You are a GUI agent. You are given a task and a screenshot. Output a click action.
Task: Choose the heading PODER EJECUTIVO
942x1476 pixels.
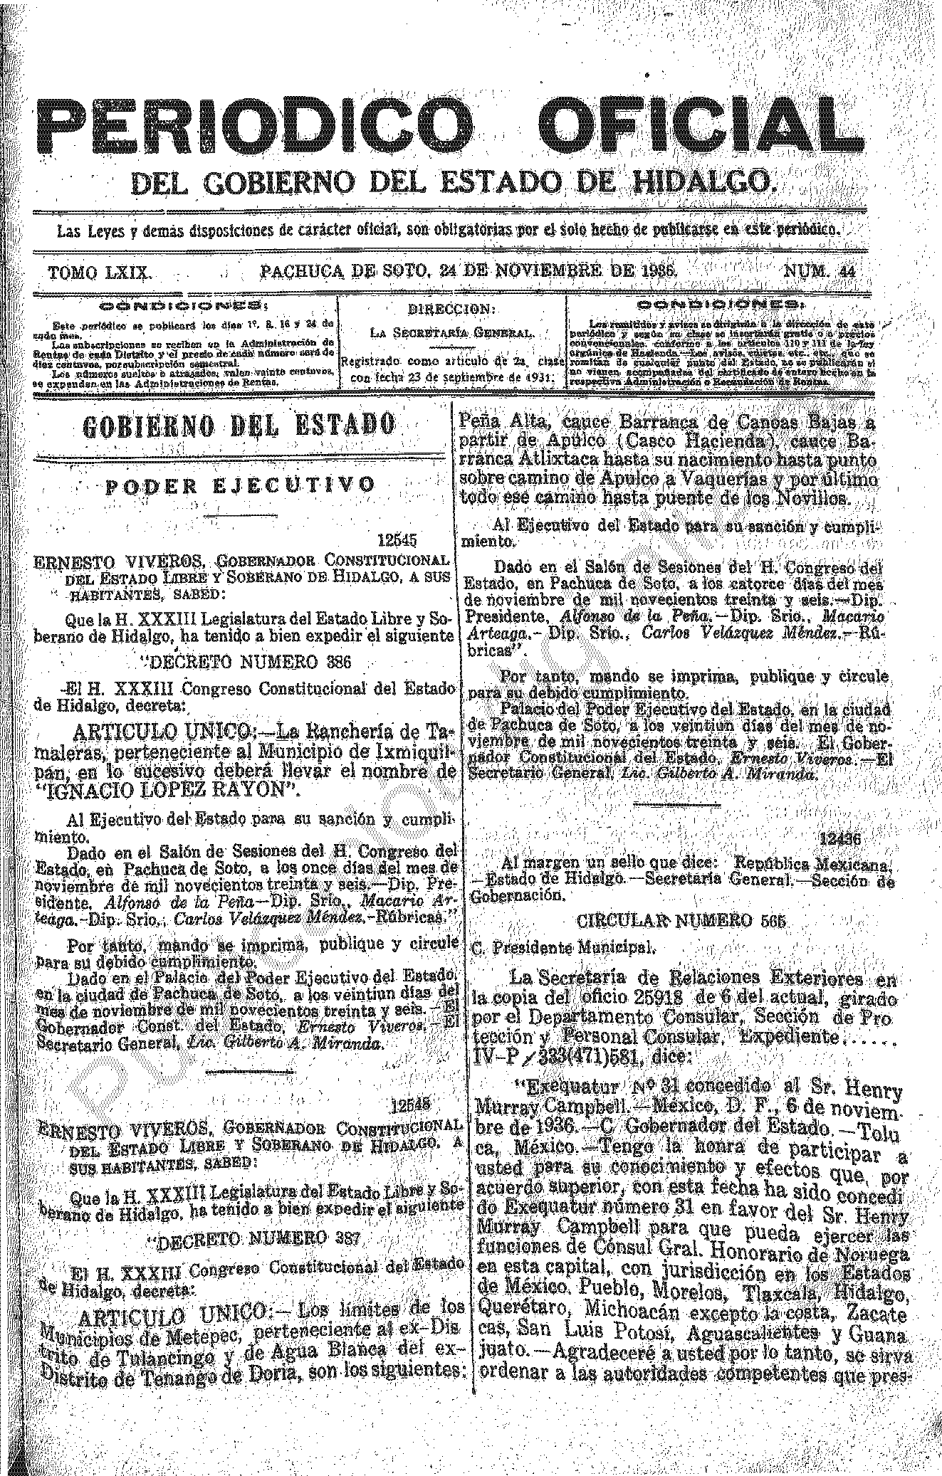pyautogui.click(x=240, y=485)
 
